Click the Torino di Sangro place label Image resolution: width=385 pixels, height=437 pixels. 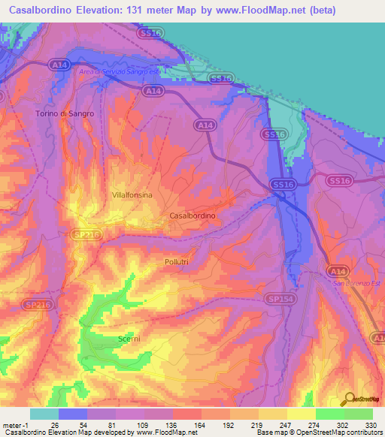tap(65, 113)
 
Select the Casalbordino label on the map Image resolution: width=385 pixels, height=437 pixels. tap(193, 215)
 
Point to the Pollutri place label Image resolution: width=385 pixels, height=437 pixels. tap(180, 261)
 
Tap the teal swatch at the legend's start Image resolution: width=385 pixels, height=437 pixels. tap(44, 414)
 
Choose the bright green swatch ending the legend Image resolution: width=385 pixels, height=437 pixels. tap(359, 414)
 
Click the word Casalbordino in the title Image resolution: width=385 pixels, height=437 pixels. tap(47, 11)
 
